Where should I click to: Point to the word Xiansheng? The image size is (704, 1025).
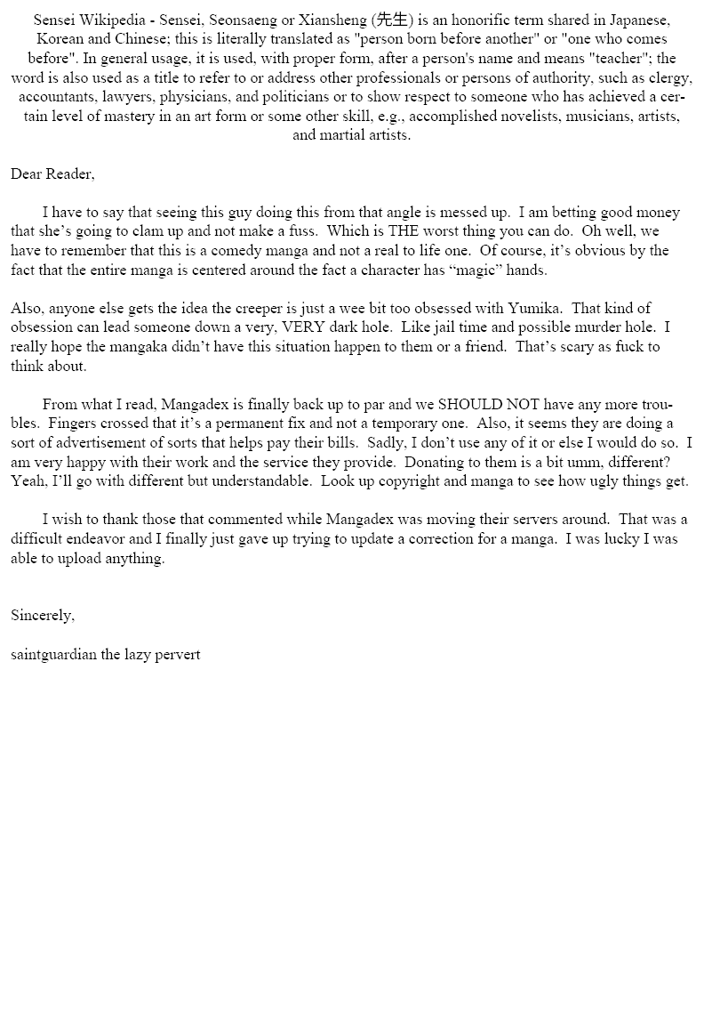point(335,20)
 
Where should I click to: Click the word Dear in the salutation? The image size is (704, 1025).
point(26,174)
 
